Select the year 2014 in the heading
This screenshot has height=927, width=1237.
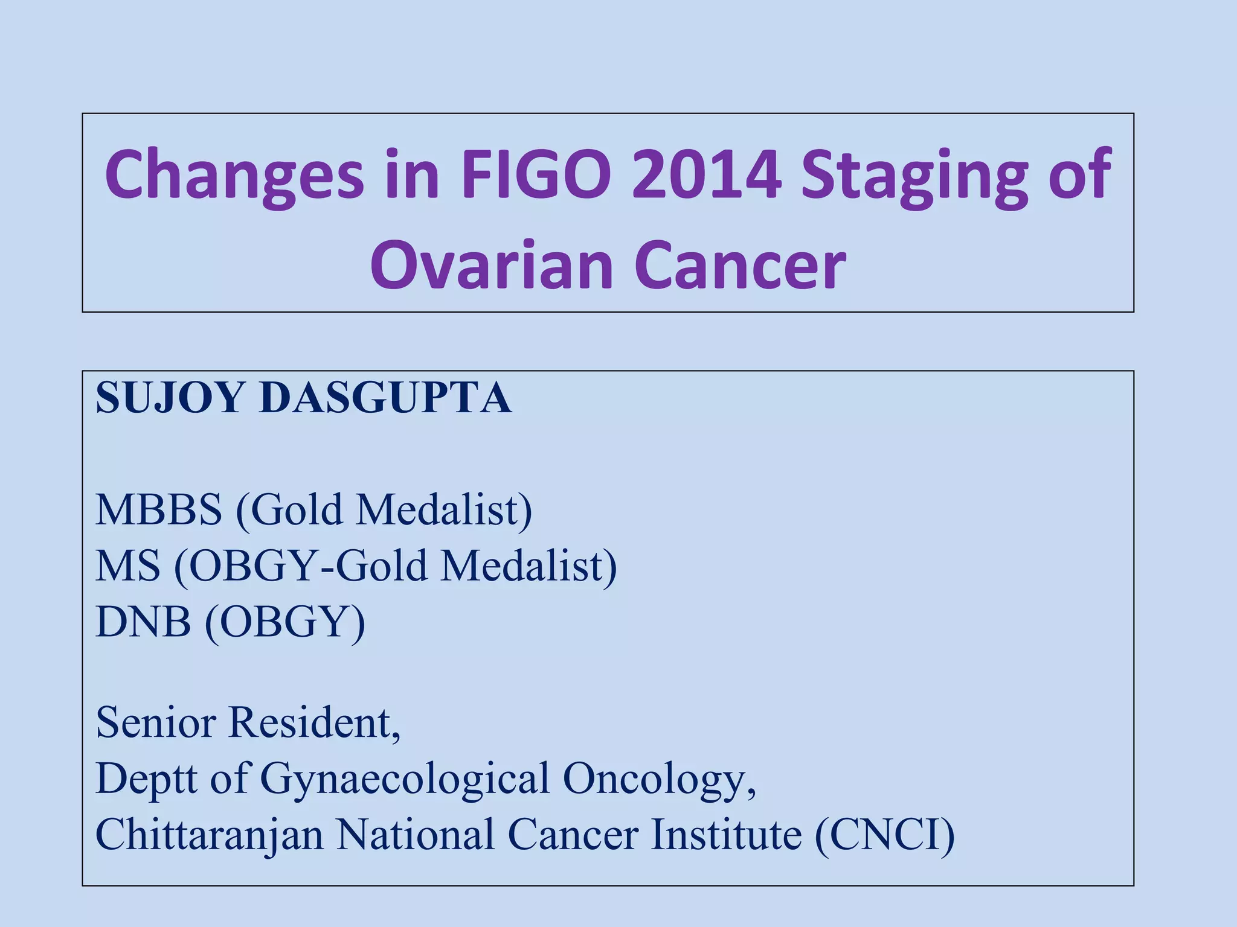pos(706,175)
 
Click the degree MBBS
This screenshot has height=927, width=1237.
pos(159,510)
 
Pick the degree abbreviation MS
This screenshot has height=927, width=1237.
pos(128,566)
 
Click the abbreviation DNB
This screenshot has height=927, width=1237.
pos(143,622)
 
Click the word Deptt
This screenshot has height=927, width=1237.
pos(147,779)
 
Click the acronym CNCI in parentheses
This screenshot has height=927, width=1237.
pos(885,835)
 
